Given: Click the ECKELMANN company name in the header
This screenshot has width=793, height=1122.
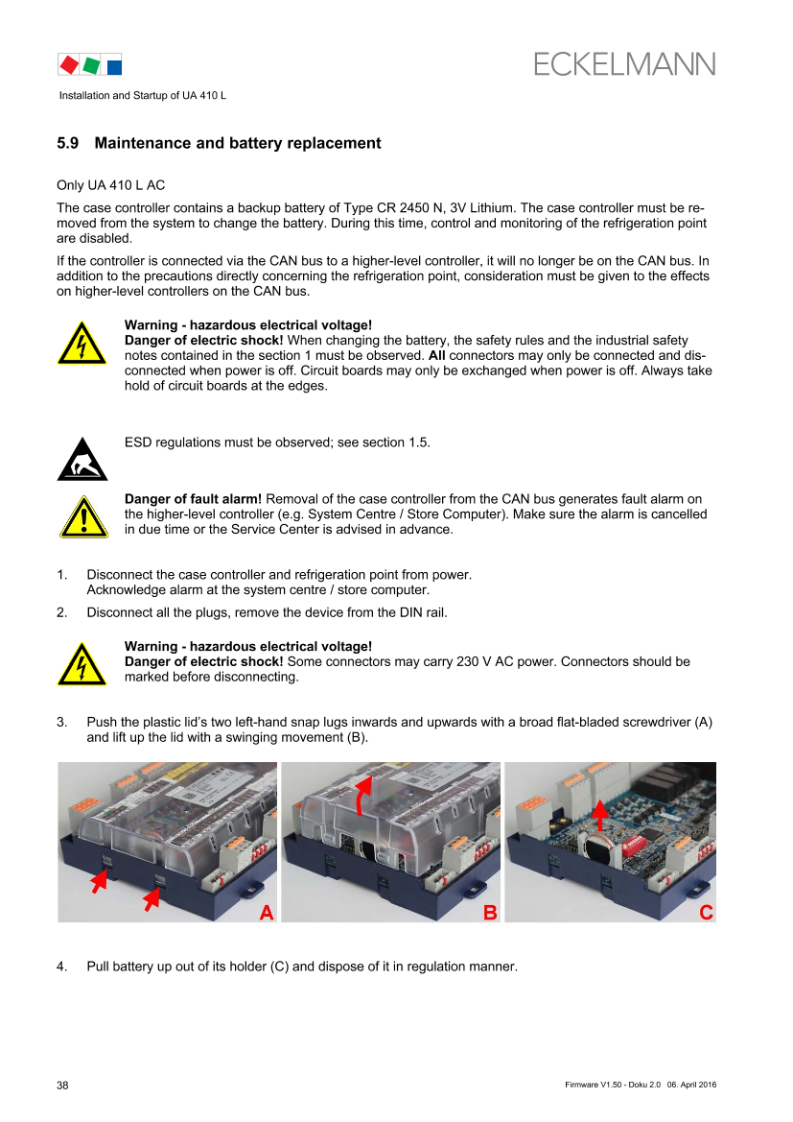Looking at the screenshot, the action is pos(624,64).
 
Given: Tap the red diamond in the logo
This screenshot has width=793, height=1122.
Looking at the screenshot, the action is pos(69,64).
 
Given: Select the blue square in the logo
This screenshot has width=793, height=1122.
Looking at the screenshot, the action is pos(114,66).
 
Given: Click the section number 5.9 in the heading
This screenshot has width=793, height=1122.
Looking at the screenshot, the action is pos(68,143).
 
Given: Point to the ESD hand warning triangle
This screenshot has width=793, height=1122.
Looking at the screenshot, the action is pos(82,460).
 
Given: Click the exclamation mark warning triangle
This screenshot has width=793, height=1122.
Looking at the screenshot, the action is pos(83,516).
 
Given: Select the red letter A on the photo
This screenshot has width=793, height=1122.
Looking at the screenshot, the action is pos(267,913).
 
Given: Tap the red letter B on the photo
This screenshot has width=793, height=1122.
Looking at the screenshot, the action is pos(490,913).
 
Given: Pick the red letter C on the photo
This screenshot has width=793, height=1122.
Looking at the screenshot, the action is pos(706,913).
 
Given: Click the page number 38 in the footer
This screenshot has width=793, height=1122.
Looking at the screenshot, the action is pos(63,1086).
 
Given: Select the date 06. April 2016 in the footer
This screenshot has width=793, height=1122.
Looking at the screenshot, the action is pos(691,1085).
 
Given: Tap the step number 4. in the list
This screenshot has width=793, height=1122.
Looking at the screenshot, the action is pos(62,967).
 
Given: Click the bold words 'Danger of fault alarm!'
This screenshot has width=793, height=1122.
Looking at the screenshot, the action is pos(193,499).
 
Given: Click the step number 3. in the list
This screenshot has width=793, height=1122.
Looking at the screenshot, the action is pos(62,722).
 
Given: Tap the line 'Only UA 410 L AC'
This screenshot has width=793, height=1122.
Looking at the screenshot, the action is pos(111,185).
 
